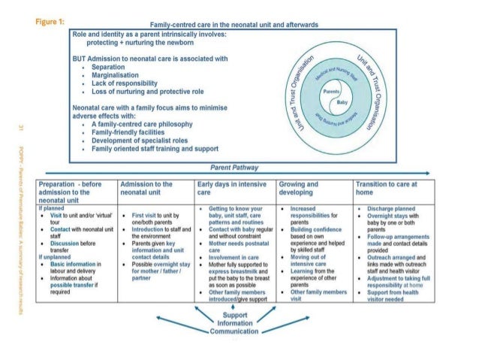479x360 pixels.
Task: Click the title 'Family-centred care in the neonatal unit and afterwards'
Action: tap(236, 25)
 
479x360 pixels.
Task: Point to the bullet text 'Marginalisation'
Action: tap(118, 74)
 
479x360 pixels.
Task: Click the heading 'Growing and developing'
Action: tap(298, 188)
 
